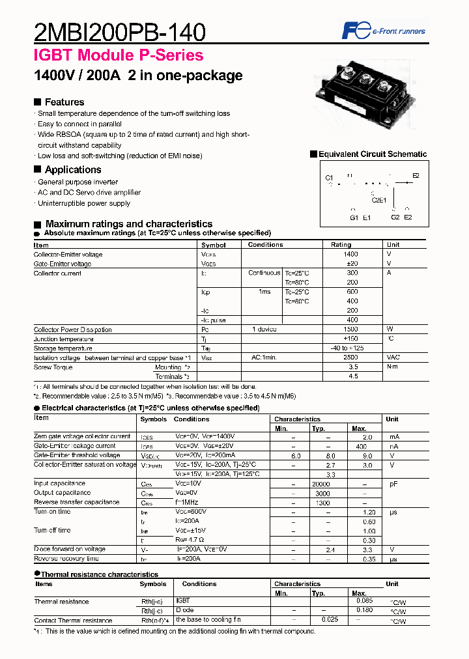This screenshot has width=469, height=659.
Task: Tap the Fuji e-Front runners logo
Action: click(384, 31)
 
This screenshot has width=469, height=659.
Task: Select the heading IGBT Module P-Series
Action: click(119, 55)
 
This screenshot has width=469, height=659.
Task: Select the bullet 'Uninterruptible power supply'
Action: click(83, 203)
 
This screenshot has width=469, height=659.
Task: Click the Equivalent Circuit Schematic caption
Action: click(372, 154)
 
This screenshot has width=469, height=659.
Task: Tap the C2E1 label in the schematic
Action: click(378, 200)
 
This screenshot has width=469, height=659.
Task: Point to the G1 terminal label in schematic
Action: click(354, 217)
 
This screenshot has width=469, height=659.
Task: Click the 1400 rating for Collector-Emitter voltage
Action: click(352, 255)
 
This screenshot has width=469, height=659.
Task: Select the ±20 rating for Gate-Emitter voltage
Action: click(352, 264)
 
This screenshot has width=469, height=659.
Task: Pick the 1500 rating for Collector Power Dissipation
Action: click(352, 329)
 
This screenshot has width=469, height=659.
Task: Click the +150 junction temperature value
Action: click(352, 339)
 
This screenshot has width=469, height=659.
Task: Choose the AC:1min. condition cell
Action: click(264, 358)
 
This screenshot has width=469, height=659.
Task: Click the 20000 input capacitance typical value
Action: click(321, 484)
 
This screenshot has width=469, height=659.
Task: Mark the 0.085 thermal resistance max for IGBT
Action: click(365, 601)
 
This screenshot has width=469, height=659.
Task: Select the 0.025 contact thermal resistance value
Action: click(330, 619)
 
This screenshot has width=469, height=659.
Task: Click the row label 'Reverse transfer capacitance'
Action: click(76, 503)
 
